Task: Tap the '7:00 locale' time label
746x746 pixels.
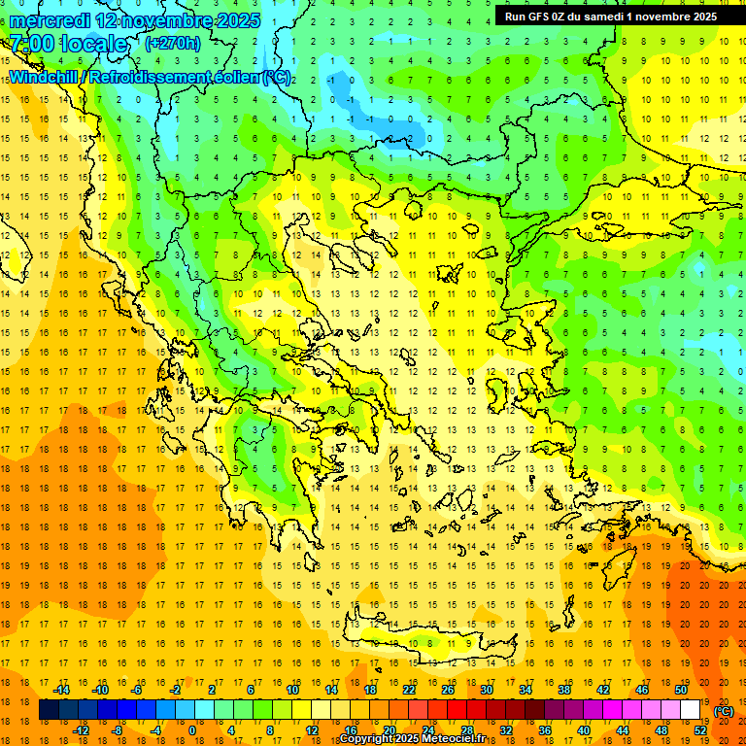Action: click(x=68, y=44)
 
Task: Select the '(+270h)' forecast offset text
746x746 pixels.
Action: click(x=173, y=43)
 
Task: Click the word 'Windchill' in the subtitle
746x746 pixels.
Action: click(x=45, y=77)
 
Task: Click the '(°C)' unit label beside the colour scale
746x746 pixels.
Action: click(x=724, y=711)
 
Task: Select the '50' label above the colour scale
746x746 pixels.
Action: click(x=681, y=690)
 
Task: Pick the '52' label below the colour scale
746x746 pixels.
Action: click(x=700, y=730)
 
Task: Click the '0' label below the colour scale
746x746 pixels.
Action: click(x=191, y=730)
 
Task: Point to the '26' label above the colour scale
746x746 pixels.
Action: click(x=448, y=690)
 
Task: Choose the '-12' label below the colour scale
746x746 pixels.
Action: click(x=82, y=730)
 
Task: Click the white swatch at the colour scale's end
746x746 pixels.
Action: click(x=691, y=710)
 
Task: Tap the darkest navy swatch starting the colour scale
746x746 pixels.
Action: click(x=50, y=710)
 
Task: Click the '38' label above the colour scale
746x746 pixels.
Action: click(x=564, y=690)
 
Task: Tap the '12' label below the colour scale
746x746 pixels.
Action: click(x=312, y=730)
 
